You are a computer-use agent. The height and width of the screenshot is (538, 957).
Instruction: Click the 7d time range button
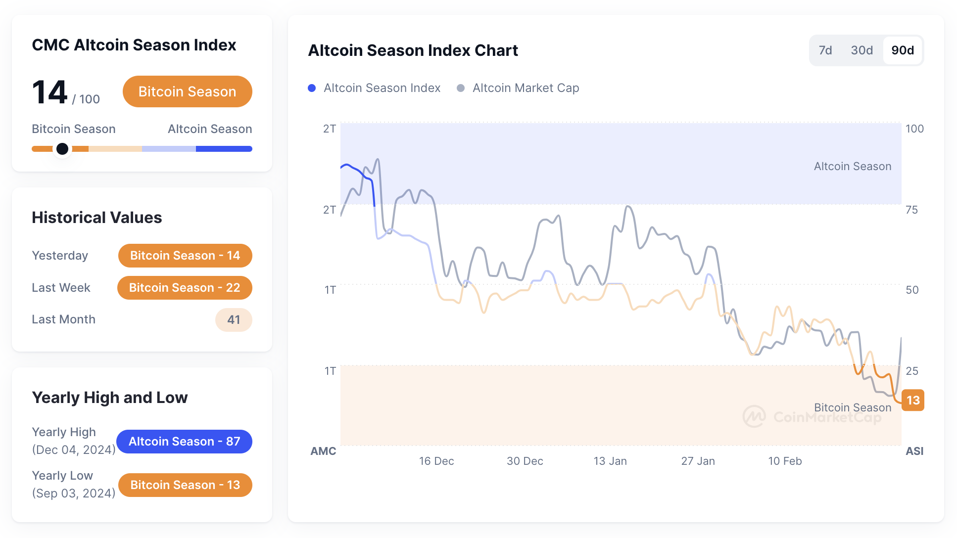pos(825,50)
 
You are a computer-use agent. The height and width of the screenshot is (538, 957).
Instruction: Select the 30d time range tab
pos(861,50)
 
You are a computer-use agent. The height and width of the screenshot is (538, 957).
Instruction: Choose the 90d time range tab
pos(903,50)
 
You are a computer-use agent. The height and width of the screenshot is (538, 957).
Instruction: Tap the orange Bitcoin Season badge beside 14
pos(187,91)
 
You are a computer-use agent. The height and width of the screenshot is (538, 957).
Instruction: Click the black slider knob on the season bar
pos(62,149)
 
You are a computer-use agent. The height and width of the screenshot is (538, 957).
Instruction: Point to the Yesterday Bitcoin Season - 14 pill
pos(185,256)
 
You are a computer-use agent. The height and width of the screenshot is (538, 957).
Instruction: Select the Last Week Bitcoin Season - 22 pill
pos(185,288)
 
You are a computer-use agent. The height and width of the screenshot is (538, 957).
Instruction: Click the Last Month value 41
pos(234,320)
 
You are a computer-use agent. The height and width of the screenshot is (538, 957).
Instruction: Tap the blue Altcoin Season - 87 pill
pos(184,442)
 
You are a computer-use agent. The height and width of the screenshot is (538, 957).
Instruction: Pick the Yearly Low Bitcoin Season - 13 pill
pos(185,485)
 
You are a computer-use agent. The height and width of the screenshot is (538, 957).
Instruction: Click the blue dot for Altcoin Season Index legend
pos(312,88)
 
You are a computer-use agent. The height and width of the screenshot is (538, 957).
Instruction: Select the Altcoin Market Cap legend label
pos(526,88)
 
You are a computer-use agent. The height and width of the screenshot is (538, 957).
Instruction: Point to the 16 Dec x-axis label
pos(436,461)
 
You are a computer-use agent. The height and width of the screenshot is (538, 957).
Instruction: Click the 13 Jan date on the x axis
pos(610,461)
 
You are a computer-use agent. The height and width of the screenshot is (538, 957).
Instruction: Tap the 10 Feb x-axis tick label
pos(785,461)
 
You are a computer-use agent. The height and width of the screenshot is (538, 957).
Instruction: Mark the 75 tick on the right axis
pos(911,210)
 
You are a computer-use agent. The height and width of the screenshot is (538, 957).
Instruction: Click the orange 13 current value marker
pos(913,400)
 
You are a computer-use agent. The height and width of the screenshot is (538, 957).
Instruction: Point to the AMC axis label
pos(323,451)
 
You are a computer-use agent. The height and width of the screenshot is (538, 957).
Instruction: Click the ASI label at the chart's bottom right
pos(914,451)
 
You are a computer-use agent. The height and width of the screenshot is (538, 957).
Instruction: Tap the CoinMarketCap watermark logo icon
pos(754,417)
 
